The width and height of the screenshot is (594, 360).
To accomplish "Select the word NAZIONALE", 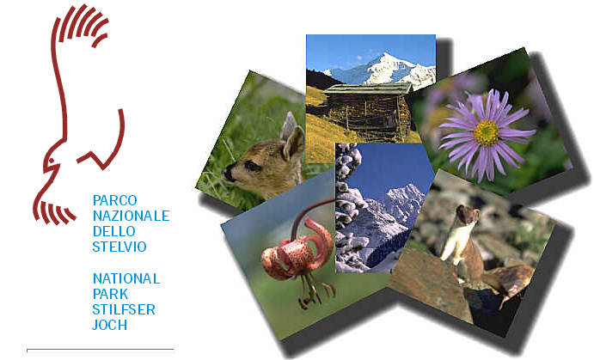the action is [x=131, y=216].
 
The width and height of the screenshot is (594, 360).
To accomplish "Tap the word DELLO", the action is [x=114, y=231].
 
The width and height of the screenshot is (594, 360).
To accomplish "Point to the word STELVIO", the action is [x=119, y=247].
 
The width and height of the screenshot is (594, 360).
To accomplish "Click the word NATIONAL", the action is [x=126, y=278].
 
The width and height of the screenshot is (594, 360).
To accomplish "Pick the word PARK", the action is [x=110, y=294].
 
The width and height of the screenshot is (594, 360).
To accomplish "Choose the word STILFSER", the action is [x=124, y=309].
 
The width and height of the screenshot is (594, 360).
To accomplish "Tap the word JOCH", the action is [x=109, y=325].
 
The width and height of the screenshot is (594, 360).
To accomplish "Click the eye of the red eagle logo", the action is [x=51, y=161].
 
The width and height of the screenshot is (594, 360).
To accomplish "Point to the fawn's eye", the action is [x=251, y=166].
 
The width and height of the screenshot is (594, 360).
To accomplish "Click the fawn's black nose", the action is [x=228, y=174].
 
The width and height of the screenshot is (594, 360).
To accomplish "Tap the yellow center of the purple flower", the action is [x=487, y=133].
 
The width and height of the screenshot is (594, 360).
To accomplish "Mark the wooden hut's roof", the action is [x=367, y=88].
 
